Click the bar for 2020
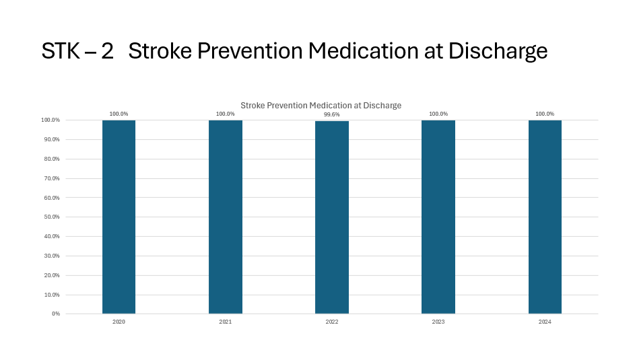point(119,217)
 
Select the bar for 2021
point(226,217)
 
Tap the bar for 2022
point(332,217)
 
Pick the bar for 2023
point(438,217)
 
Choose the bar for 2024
point(545,217)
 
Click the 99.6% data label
point(332,114)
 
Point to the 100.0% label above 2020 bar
point(119,114)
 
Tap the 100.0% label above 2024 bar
point(545,114)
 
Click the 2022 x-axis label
point(332,322)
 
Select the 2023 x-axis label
point(438,322)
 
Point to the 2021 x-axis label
point(226,322)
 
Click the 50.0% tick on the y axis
point(51,217)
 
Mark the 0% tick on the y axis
point(55,314)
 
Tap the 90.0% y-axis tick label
point(51,140)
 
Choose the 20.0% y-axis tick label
point(51,275)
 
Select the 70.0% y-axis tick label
point(51,178)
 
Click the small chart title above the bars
point(321,106)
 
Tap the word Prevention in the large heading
point(262,51)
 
